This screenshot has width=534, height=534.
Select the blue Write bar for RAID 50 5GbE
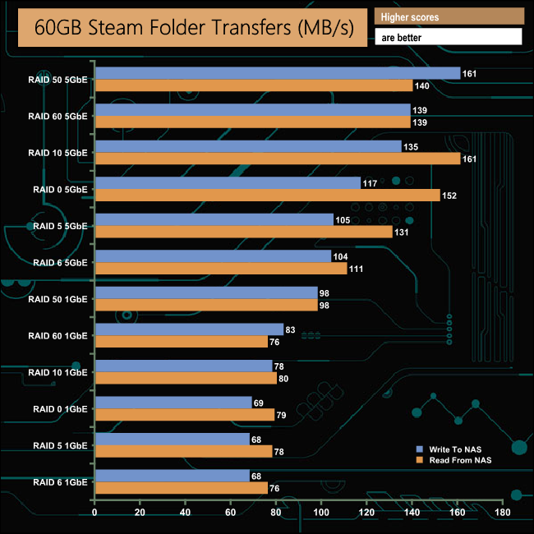[278, 74]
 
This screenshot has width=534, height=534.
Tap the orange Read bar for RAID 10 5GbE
[278, 159]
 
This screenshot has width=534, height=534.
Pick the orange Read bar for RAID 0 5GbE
[268, 195]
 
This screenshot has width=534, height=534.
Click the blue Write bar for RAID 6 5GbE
[214, 256]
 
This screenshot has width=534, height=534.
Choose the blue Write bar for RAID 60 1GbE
[190, 329]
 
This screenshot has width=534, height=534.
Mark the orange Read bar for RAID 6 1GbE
[182, 487]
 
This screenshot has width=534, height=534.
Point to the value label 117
[370, 183]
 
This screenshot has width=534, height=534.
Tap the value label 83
[292, 329]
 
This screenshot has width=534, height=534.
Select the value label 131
[402, 232]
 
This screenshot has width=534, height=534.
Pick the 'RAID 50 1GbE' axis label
[58, 298]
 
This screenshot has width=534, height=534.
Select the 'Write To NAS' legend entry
[455, 449]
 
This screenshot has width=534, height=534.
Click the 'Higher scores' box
[449, 16]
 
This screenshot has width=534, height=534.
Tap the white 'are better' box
[449, 37]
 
